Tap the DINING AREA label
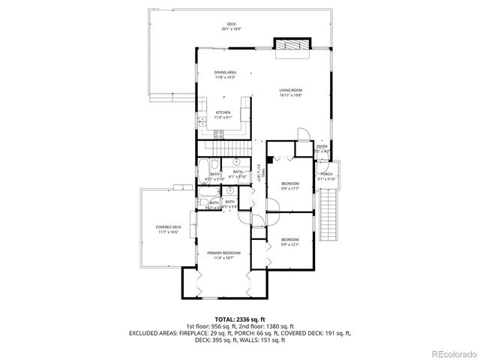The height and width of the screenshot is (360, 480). pos(226,73)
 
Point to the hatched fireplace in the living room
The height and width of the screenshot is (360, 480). pos(289,46)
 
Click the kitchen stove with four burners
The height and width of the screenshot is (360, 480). pos(220,134)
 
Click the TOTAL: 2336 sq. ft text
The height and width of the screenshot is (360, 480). pos(239,319)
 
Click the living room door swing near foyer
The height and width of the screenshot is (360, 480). pos(301,135)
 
